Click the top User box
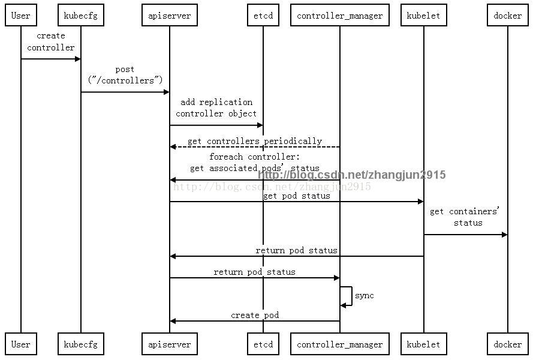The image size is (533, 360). (21, 16)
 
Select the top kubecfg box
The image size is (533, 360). (81, 16)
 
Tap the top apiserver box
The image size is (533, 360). (170, 16)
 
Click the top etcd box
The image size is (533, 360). (263, 16)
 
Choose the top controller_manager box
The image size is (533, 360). (340, 16)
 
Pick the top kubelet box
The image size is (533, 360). (423, 16)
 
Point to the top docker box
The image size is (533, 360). (508, 16)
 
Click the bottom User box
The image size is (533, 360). (21, 344)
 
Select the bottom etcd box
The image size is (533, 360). (263, 344)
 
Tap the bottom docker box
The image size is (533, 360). (508, 344)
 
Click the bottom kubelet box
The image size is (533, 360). (423, 344)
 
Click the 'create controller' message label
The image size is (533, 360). (51, 41)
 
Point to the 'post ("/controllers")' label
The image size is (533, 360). (125, 74)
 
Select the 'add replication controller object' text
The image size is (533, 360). (216, 107)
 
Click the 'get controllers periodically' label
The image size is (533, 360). (255, 142)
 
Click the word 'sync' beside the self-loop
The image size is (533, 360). (364, 296)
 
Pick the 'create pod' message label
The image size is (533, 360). (255, 315)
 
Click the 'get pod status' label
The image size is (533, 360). (296, 196)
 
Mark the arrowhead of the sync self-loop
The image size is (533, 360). (344, 305)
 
